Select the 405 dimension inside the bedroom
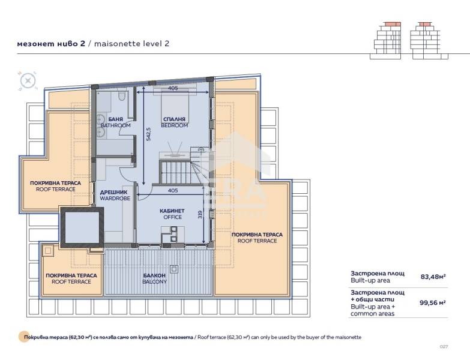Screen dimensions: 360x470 click(x=173, y=88)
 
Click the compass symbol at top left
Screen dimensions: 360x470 click(x=28, y=79)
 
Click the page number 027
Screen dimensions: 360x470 click(x=444, y=347)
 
